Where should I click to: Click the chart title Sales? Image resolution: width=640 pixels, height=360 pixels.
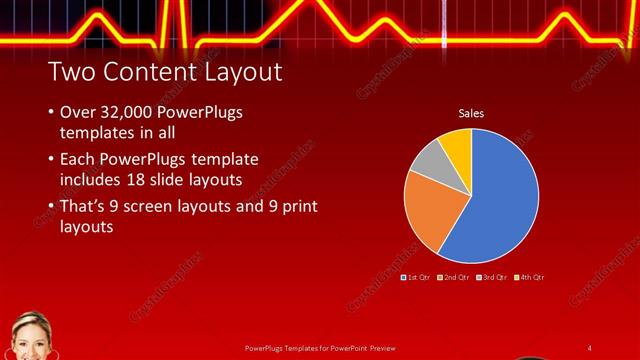point(471,114)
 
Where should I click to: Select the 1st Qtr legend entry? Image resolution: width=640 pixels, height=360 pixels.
point(417,276)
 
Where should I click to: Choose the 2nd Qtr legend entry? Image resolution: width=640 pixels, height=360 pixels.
point(455,276)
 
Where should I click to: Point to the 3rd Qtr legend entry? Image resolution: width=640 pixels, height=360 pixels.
point(493,276)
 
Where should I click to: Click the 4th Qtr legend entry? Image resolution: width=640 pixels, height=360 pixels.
point(530,276)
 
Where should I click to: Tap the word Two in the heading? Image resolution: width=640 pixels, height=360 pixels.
point(69,72)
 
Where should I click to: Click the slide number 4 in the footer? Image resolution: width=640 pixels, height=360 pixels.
point(590,347)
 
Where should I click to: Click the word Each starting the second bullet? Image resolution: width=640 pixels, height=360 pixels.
point(79,160)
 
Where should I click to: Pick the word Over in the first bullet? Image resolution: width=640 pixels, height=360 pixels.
point(79,113)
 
